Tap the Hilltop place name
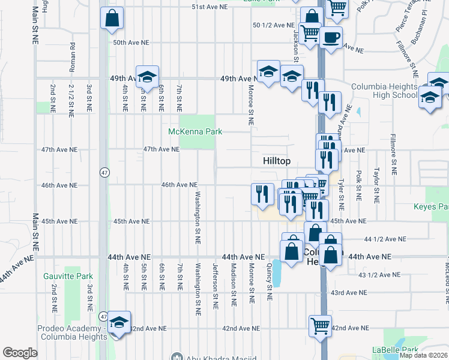coord(277,161)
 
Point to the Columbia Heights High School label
coord(384,91)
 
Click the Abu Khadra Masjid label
coord(214,357)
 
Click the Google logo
coord(20,353)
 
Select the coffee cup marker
coord(331,38)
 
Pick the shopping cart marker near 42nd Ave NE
coord(320,326)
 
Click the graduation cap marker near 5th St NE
coord(146,76)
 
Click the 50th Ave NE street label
coord(131,43)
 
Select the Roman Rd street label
coord(73,58)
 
